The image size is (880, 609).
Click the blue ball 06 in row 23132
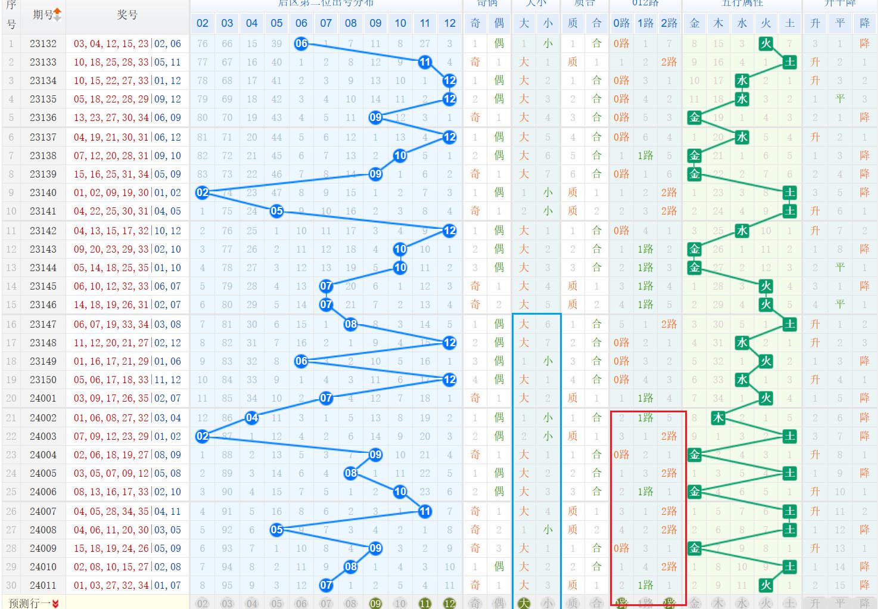tap(301, 44)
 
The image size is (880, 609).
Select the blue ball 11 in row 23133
tap(425, 62)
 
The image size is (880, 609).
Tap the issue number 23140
tap(43, 192)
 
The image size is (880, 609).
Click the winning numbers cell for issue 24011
tap(128, 585)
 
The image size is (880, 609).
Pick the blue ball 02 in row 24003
tap(203, 436)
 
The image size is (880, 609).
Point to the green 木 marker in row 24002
tap(719, 418)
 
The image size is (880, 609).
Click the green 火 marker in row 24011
tap(766, 585)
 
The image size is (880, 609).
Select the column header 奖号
tap(128, 15)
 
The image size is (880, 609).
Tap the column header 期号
tap(43, 15)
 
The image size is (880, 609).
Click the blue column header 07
tap(326, 23)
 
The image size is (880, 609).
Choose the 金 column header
tap(695, 23)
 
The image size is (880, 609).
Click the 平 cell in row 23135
tap(840, 99)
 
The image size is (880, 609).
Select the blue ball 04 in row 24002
tap(252, 418)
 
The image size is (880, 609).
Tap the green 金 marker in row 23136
tap(695, 117)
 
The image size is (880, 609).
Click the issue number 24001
tap(43, 398)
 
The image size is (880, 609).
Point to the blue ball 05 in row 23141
tap(276, 211)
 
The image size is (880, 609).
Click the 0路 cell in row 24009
tap(621, 548)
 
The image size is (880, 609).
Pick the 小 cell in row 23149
tap(548, 361)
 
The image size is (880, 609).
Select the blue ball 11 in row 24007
tap(425, 511)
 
